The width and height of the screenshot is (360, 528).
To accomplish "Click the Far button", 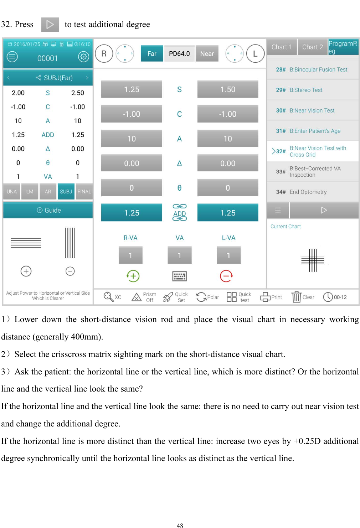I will (152, 53).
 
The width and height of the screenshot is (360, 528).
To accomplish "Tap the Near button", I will (207, 53).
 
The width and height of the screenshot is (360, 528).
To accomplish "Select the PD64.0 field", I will (179, 53).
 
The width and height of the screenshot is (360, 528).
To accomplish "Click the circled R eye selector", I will (104, 53).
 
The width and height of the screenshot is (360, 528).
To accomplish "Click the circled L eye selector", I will (255, 53).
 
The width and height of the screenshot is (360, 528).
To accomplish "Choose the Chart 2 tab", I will (312, 47).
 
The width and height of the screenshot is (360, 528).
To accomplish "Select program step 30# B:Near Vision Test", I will (312, 110).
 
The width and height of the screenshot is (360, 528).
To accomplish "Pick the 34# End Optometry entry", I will (312, 192).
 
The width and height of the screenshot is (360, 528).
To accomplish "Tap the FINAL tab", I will (84, 191).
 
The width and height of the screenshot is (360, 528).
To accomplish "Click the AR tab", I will (48, 191).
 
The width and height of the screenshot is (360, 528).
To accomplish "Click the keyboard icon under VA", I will (179, 276).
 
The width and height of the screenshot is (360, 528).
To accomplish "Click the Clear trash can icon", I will (297, 297).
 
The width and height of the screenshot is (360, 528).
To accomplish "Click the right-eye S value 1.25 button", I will (132, 89).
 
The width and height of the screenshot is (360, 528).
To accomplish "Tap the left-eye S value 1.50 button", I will (228, 89).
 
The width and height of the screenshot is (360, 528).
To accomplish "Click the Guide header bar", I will (48, 210).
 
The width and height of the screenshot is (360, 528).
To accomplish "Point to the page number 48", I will (180, 525).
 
